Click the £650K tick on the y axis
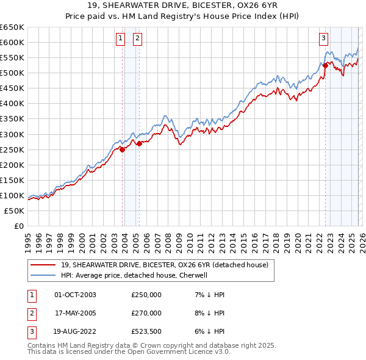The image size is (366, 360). point(12,27)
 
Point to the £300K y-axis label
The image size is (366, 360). point(12,134)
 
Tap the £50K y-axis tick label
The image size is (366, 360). point(15,211)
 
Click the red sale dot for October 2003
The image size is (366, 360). point(122,149)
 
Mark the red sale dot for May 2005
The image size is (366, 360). point(139,143)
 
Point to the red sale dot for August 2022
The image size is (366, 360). point(325,66)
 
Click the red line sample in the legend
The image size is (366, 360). point(43,265)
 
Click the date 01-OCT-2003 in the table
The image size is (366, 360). point(75,295)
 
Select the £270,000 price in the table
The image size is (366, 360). point(146,313)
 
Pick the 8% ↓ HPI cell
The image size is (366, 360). point(209,313)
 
